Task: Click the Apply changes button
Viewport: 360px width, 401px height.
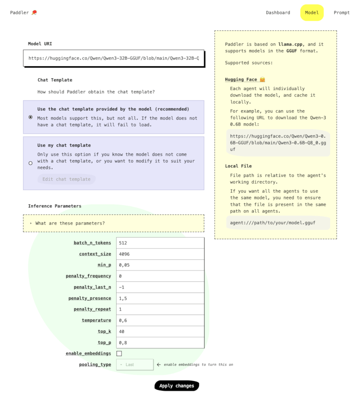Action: [176, 386]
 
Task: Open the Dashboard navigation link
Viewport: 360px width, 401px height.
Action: [278, 13]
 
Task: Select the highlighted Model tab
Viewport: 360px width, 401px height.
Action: [312, 13]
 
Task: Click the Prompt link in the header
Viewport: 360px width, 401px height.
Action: [342, 13]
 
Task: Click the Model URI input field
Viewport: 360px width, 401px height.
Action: [113, 58]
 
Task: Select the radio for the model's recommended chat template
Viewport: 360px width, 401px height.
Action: [31, 117]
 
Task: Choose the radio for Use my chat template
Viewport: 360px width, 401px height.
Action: [31, 163]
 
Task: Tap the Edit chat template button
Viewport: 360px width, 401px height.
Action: [66, 179]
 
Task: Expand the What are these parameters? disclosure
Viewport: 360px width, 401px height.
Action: [70, 223]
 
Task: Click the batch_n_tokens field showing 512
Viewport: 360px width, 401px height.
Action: [160, 243]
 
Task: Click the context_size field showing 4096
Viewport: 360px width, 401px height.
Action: [160, 254]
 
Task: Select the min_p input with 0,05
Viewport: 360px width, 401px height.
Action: [160, 265]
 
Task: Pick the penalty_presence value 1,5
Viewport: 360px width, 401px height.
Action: [160, 298]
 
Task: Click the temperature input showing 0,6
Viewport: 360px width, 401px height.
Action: [160, 320]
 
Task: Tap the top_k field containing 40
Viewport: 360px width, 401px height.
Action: [160, 332]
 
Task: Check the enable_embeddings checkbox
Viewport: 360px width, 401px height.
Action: [119, 354]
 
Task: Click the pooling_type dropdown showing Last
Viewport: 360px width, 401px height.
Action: [135, 365]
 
